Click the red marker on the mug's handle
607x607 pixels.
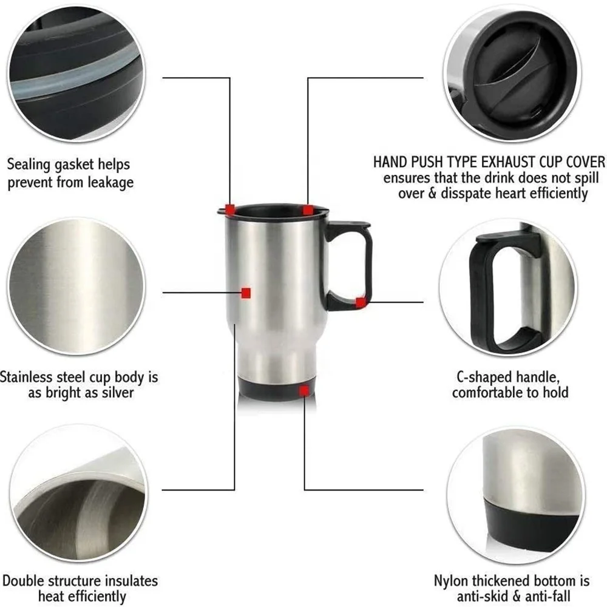361,302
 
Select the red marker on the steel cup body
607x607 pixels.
246,293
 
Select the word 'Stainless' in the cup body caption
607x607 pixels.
29,377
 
